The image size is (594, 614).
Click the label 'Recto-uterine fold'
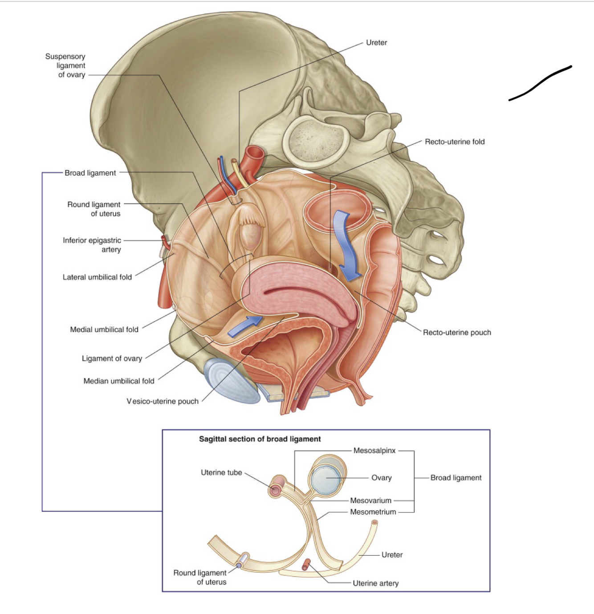click(454, 142)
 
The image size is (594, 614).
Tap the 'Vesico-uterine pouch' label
click(163, 401)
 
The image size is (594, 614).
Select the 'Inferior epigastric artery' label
click(92, 245)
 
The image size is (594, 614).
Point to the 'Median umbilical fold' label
click(119, 381)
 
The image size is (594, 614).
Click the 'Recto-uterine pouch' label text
click(457, 332)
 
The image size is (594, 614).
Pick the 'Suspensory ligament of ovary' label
click(65, 65)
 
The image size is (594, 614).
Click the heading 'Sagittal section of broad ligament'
click(260, 439)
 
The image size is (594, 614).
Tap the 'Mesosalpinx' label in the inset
click(374, 451)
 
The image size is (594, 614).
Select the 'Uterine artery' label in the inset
click(375, 583)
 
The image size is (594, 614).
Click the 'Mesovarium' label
click(370, 500)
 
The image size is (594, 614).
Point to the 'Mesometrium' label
click(373, 512)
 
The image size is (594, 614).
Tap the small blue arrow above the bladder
click(245, 326)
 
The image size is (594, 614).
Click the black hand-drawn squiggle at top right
click(540, 84)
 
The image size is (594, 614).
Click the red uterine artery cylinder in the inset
click(306, 565)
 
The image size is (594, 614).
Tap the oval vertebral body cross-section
click(316, 139)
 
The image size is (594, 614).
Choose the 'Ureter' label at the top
click(376, 43)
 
